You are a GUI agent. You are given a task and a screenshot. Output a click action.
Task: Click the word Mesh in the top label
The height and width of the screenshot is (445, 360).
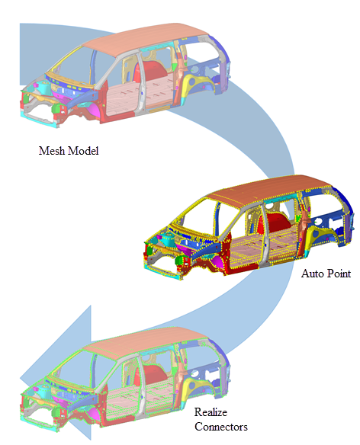click(51, 150)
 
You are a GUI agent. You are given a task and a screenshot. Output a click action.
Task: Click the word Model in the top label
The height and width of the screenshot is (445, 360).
click(83, 150)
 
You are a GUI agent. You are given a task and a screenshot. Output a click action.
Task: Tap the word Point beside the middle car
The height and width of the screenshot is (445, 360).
click(339, 274)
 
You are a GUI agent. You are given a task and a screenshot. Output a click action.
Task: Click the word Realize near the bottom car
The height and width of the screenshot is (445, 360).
click(211, 412)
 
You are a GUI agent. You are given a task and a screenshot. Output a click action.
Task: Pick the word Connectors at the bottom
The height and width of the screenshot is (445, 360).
click(221, 427)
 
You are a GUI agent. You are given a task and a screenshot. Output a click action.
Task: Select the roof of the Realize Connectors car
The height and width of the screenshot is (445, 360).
click(145, 341)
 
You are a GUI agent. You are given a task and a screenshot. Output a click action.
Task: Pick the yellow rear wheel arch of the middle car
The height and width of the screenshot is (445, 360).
click(317, 233)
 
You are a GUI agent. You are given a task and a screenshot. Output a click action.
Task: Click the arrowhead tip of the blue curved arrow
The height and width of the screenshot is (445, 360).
click(21, 378)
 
